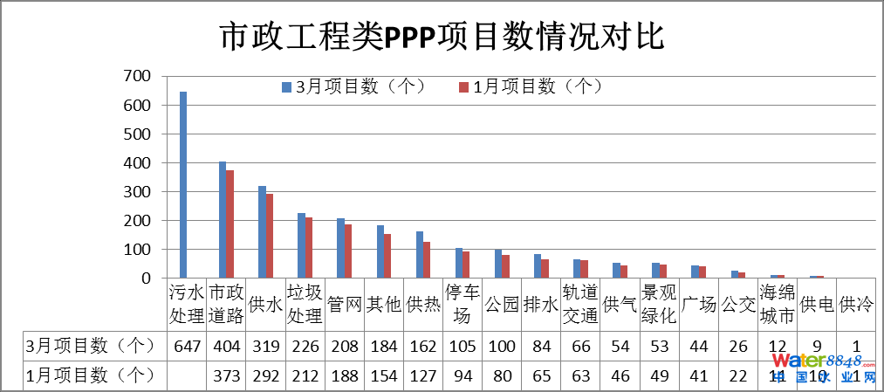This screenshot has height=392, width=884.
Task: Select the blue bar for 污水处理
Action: [x=183, y=184]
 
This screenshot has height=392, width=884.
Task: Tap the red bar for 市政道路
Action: [x=230, y=224]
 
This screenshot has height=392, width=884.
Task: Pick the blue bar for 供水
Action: [x=262, y=231]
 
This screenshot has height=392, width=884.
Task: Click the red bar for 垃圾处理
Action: [x=309, y=247]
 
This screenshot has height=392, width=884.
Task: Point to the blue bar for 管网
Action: [x=340, y=248]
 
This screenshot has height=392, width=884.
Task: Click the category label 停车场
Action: [x=462, y=304]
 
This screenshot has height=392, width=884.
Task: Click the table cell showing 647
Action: [x=187, y=346]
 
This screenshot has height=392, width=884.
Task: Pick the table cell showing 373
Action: [x=226, y=375]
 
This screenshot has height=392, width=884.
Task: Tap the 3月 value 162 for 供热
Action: [x=423, y=346]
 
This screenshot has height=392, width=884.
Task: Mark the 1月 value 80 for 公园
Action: [x=502, y=375]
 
